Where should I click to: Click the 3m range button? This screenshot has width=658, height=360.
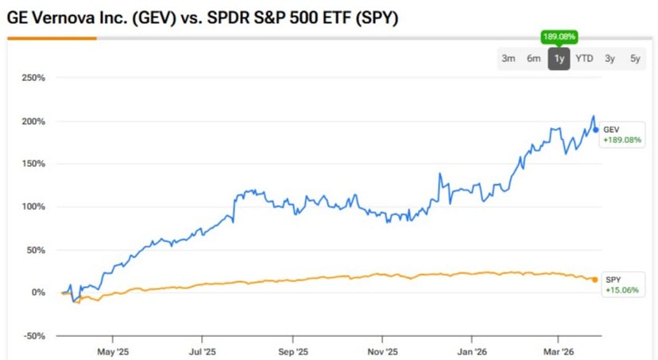(x=509, y=58)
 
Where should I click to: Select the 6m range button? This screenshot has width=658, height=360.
(x=534, y=58)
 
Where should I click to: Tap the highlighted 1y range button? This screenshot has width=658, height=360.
(x=559, y=58)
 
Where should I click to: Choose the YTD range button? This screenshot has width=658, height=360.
(x=584, y=58)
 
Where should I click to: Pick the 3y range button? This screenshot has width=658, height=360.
(x=610, y=58)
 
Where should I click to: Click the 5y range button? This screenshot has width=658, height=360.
(x=634, y=58)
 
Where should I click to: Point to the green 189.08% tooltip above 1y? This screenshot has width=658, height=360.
(x=559, y=36)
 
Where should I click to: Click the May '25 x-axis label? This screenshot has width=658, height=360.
(x=112, y=350)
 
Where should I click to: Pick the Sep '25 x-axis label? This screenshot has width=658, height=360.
(x=292, y=350)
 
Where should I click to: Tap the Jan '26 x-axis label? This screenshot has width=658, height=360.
(x=472, y=350)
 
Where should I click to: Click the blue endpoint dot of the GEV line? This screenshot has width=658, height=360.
(x=596, y=130)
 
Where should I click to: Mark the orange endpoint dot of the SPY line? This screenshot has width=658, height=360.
(x=595, y=280)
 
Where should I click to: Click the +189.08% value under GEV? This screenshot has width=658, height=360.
(x=621, y=140)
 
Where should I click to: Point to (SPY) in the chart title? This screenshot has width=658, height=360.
(x=378, y=17)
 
